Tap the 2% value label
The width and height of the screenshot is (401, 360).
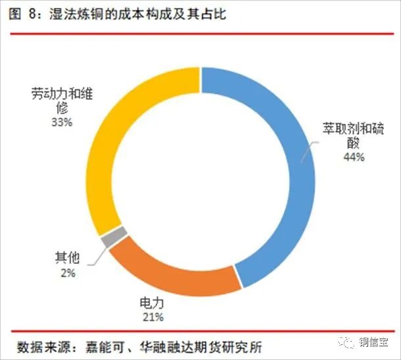[67, 272]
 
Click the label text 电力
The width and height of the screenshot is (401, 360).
[151, 303]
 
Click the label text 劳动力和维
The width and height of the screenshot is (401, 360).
[63, 93]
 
